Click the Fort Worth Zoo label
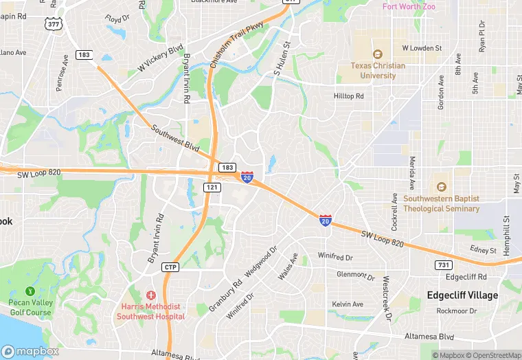pos(410,7)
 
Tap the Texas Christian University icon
pos(376,54)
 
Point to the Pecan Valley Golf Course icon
pos(30,291)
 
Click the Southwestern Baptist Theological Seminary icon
pos(441,187)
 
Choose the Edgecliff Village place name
pos(462,295)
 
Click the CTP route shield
pos(171,267)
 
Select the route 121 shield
pos(212,187)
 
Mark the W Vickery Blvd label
pos(161,58)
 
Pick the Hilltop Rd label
pos(348,96)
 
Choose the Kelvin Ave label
pos(348,304)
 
